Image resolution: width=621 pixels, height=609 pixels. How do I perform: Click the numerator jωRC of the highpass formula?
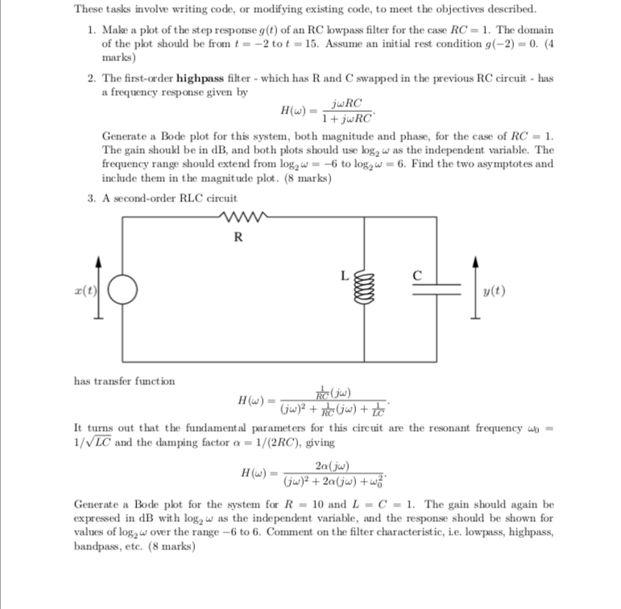point(346,102)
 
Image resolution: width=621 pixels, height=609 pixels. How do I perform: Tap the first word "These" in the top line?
point(88,9)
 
